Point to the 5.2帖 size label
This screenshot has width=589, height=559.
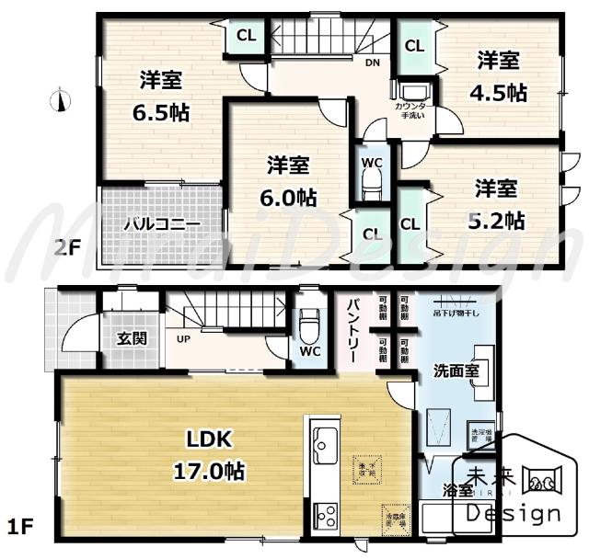point(500,220)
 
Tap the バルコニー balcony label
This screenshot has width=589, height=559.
point(162,223)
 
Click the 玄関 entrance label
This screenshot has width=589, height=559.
point(132,337)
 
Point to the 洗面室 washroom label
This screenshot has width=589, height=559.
point(456,372)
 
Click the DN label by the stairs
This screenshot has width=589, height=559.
point(372,63)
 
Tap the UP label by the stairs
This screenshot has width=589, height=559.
point(184,337)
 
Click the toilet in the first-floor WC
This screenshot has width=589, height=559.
point(309,325)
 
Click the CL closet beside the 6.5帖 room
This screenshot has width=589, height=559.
point(246,36)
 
